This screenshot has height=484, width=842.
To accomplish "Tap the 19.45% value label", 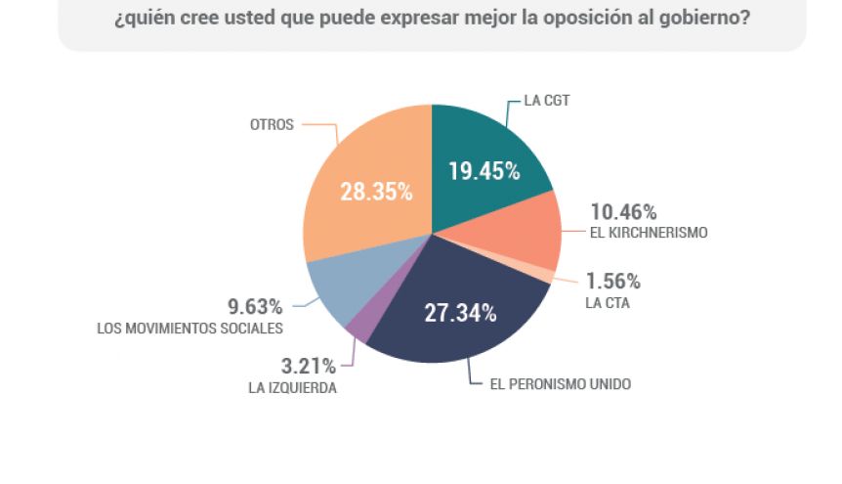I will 484,171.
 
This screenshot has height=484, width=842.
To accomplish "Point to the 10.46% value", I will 623,211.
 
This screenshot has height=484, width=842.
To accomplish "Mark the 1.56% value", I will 613,282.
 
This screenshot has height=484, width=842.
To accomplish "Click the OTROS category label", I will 271,125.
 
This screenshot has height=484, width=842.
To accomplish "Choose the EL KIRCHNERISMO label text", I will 648,233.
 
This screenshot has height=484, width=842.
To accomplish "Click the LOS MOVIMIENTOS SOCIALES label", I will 189,328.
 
